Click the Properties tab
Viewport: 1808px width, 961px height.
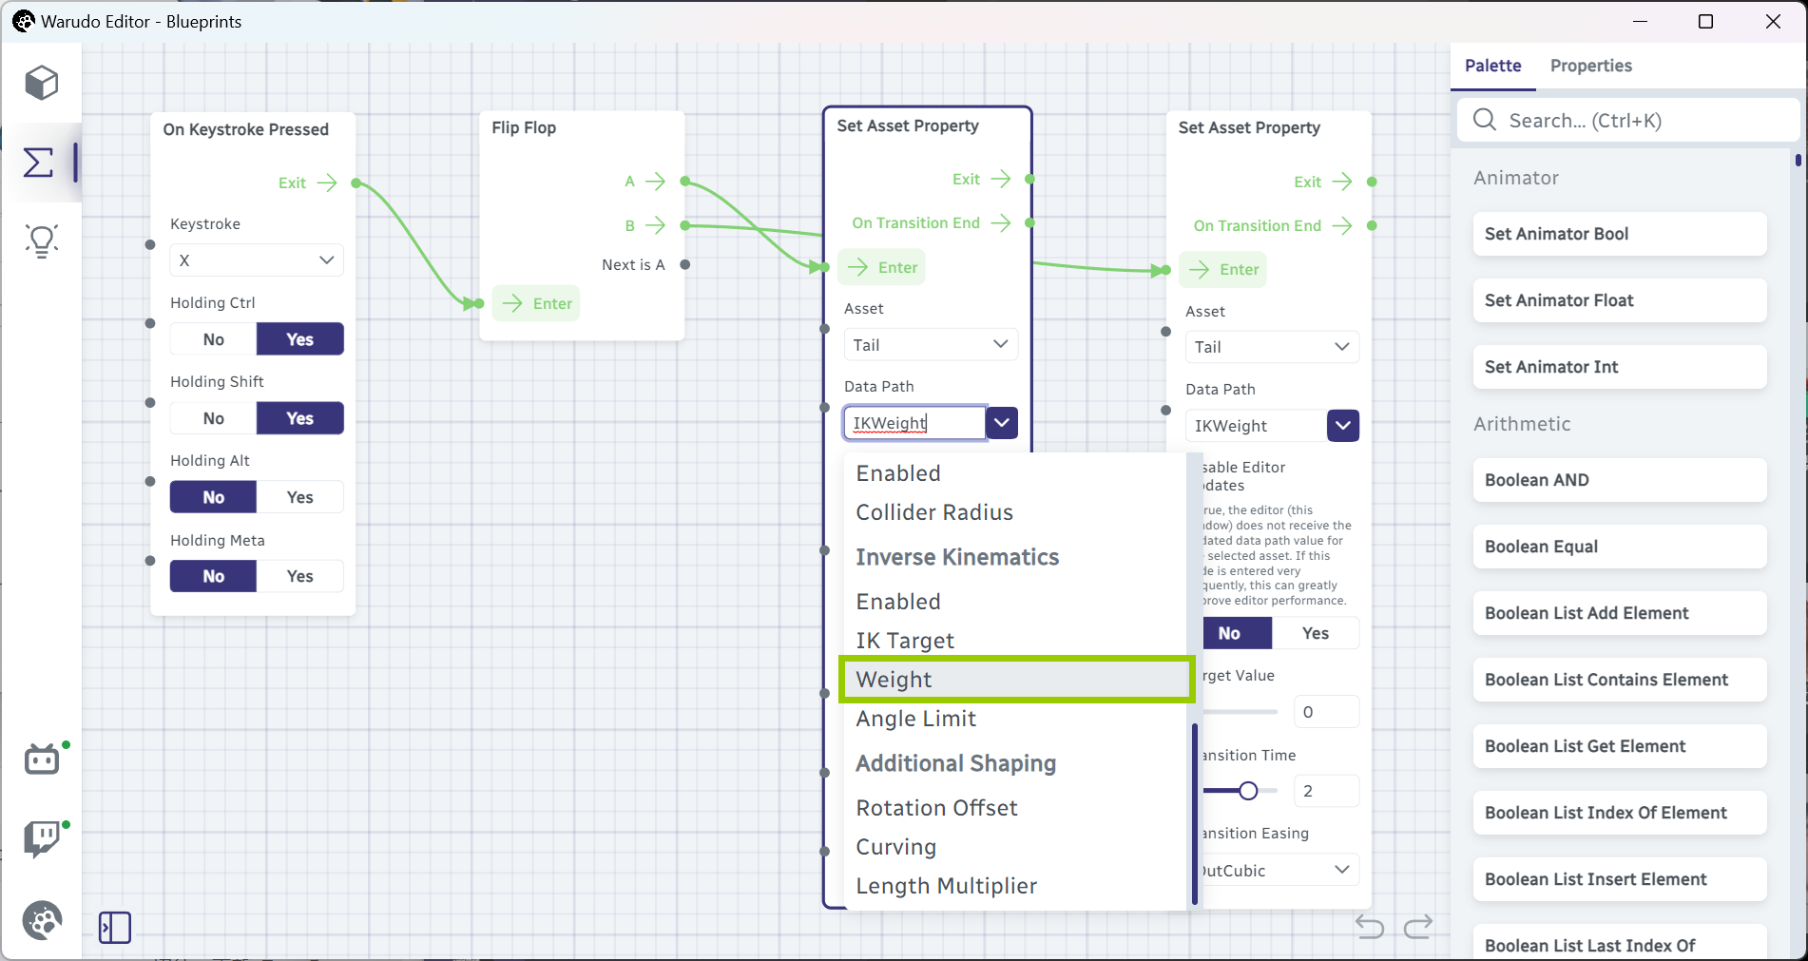click(1590, 66)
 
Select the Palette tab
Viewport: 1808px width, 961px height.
click(1492, 66)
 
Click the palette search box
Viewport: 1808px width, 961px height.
click(1628, 121)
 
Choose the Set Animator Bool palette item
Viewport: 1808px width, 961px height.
click(1620, 234)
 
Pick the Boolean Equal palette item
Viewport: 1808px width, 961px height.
click(1620, 547)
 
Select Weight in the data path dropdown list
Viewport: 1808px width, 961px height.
click(1016, 680)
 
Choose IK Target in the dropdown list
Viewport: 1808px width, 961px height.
click(905, 641)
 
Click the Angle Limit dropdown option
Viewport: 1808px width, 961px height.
click(916, 719)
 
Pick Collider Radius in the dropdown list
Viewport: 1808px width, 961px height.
click(934, 512)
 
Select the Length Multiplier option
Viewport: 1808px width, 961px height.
click(947, 886)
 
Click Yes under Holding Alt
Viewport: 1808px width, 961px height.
click(300, 497)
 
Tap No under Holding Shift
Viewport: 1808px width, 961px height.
click(214, 418)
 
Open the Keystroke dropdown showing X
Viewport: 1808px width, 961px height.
click(257, 260)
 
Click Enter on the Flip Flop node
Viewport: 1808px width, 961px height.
click(537, 303)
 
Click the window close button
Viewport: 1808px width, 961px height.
click(1773, 21)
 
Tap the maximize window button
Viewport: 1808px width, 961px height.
click(1705, 21)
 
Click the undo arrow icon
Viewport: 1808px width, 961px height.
click(1370, 926)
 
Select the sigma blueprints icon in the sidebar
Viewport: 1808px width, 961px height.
click(38, 163)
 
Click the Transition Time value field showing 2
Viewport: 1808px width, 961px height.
click(1326, 791)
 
